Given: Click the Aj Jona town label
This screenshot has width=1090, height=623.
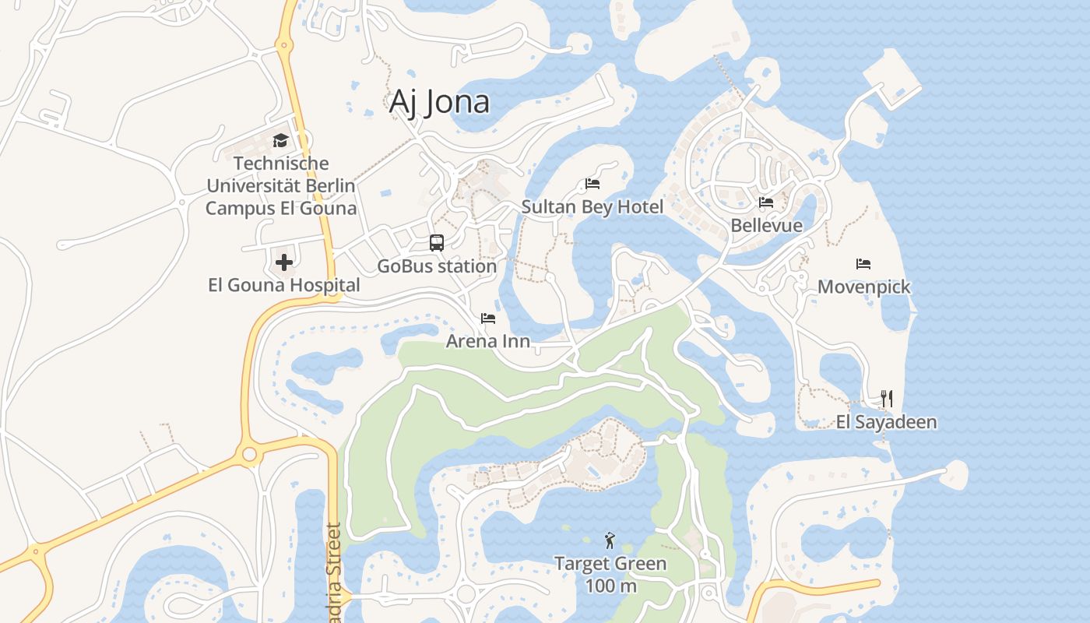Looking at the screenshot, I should click(439, 102).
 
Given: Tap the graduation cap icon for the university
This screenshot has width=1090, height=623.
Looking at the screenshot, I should click(280, 141).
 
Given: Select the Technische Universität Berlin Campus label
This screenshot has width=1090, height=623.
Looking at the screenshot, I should click(280, 186).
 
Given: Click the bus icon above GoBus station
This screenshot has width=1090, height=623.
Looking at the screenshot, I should click(437, 243).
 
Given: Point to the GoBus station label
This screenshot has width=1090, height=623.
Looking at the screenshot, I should click(437, 266).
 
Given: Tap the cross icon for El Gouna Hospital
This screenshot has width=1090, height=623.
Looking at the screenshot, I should click(284, 262).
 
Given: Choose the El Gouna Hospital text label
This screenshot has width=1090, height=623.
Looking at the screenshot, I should click(284, 285).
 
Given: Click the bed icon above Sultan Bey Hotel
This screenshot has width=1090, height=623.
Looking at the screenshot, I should click(592, 185).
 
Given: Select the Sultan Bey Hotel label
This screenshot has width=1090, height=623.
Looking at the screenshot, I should click(592, 207).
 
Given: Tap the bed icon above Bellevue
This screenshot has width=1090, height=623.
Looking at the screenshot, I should click(766, 202).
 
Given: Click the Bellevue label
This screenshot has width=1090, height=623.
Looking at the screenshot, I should click(766, 226).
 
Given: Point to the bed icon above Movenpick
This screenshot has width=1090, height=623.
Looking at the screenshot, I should click(863, 264).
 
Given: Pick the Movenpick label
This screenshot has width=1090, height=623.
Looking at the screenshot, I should click(863, 287).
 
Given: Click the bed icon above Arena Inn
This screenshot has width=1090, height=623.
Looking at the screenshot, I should click(488, 318).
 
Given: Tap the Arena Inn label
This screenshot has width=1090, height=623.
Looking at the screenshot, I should click(488, 341).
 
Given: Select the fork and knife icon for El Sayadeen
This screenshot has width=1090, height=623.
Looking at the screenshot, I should click(887, 399).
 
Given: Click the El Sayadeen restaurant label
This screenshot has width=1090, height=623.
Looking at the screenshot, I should click(886, 422).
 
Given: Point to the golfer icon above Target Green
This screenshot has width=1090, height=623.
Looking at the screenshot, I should click(610, 540).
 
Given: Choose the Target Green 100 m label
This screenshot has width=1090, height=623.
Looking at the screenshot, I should click(610, 574).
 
